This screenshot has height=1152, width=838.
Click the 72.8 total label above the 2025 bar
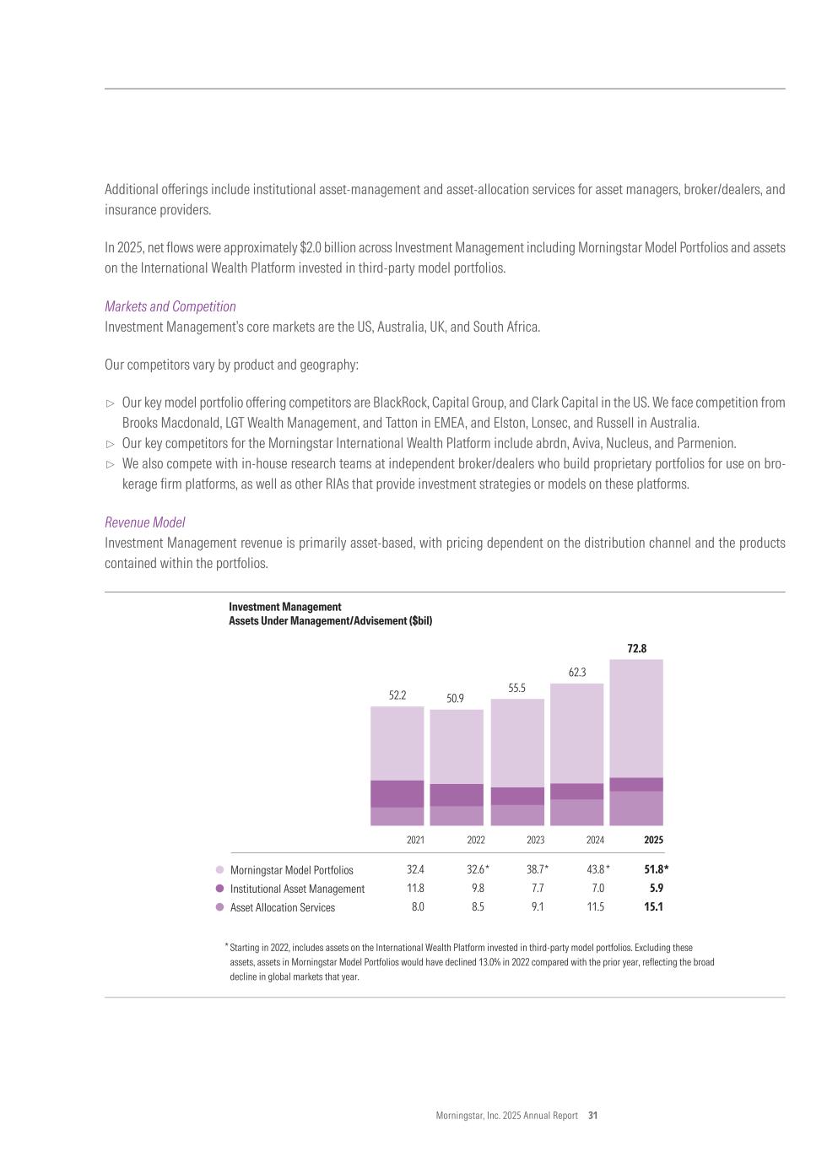636,648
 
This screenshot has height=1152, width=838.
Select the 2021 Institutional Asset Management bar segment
397,793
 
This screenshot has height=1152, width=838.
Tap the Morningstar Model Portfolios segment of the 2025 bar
635,717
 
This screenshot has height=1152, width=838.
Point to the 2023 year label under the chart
535,840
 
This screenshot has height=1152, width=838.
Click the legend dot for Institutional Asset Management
220,889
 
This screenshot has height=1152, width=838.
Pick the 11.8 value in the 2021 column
415,888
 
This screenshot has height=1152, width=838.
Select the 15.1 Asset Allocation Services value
653,907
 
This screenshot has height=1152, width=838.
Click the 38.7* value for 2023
537,869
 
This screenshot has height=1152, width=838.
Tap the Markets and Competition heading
170,306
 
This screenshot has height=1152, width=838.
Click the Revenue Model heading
145,522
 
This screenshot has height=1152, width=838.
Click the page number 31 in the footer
593,1115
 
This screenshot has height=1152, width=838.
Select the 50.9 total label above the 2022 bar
455,698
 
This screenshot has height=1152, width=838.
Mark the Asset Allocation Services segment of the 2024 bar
576,812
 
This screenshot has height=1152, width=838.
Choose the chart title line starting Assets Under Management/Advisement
330,620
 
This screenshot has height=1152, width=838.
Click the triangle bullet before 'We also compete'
109,464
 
